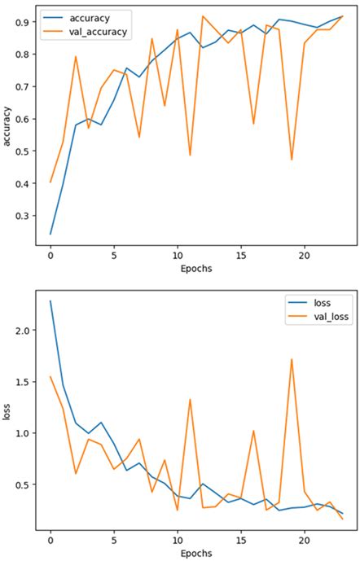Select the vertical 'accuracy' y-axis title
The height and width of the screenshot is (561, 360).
7,129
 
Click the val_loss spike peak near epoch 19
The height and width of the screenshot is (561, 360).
292,359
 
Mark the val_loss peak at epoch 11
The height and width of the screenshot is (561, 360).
190,400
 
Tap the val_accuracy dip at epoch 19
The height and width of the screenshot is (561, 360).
292,160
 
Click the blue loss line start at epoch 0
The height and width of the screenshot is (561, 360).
50,301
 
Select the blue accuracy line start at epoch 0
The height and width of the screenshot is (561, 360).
50,234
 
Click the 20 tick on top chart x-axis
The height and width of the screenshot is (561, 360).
304,256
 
